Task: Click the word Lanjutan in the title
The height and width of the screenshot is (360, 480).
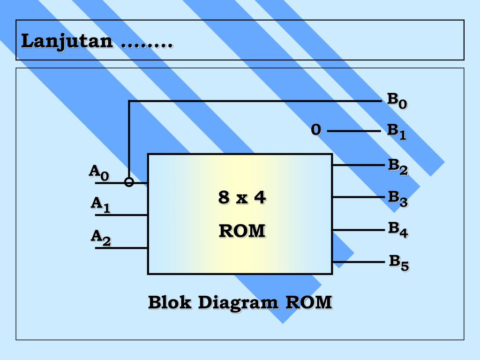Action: pos(67,41)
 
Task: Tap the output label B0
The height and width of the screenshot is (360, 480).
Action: pos(397,101)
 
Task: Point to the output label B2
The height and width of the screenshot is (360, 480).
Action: pos(397,166)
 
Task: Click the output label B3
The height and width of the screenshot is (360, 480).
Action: pos(397,198)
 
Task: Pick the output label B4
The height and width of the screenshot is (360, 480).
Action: pos(397,230)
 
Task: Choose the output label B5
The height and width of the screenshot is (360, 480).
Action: pos(399,262)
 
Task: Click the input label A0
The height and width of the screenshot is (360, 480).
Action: pos(99,172)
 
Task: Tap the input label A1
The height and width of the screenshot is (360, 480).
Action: pos(100,205)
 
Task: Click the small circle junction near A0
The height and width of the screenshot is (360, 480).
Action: pos(129,182)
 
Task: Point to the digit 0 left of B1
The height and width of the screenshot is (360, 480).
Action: pos(316,130)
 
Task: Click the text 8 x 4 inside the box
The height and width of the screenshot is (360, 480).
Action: pos(241,198)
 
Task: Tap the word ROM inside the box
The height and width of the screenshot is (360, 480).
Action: pos(242,231)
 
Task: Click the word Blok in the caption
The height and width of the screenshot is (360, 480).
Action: pos(170,302)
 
